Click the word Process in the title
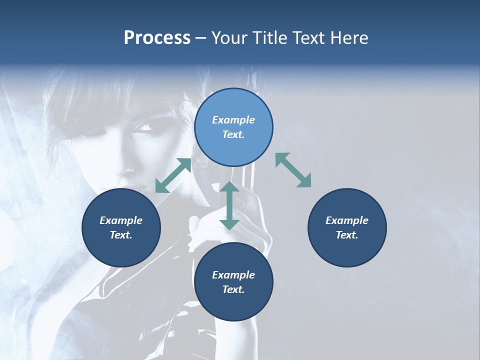(x=157, y=38)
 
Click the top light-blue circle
(x=233, y=127)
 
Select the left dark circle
(x=121, y=227)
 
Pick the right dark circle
(x=347, y=227)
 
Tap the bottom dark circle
(x=233, y=282)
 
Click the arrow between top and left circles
(x=173, y=175)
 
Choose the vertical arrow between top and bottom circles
(x=229, y=205)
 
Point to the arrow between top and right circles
(x=293, y=170)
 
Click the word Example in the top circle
(x=233, y=120)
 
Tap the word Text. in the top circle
(x=233, y=134)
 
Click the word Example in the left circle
(x=121, y=220)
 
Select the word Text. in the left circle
(x=121, y=235)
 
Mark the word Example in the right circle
(x=347, y=220)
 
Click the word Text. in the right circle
(x=347, y=235)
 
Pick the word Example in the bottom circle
(x=233, y=275)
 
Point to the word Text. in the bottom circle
(x=233, y=289)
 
